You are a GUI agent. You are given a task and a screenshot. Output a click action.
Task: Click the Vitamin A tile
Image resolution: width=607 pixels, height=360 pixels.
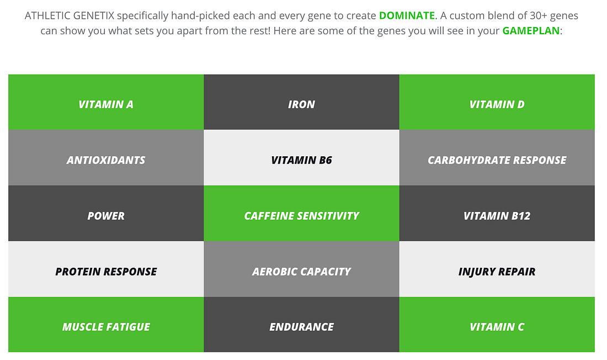tap(106, 102)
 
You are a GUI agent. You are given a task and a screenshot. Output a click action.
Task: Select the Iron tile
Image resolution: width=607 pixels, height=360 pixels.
tap(301, 102)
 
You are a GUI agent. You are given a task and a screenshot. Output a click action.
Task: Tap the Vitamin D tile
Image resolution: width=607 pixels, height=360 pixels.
tap(497, 102)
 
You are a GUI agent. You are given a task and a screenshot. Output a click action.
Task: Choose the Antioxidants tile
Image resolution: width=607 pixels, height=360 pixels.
tap(106, 158)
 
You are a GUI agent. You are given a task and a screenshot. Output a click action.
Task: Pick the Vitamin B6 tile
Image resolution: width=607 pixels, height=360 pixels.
tap(301, 158)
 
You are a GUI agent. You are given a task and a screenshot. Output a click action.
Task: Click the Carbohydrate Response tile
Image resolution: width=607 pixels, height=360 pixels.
tap(497, 158)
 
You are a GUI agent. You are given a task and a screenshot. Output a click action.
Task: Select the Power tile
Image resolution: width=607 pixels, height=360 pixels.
tap(106, 214)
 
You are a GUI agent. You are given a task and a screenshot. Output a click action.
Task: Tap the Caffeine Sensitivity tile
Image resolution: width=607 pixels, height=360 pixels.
tap(301, 214)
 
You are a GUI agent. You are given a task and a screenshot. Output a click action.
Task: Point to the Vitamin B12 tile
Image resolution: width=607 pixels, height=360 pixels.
tap(497, 214)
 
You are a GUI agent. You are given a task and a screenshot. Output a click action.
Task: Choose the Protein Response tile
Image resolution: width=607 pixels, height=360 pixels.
tap(106, 269)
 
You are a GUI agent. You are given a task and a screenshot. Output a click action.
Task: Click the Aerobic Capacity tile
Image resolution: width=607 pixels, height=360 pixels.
tap(301, 269)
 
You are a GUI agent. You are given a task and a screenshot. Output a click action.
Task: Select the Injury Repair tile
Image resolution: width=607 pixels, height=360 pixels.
tap(497, 269)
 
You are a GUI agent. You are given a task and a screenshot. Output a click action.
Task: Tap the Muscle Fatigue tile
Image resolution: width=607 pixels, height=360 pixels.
tap(106, 325)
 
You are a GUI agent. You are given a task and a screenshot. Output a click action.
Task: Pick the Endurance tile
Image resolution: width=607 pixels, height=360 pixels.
tap(301, 325)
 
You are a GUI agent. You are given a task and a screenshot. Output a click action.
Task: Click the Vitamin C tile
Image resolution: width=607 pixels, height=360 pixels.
tap(497, 325)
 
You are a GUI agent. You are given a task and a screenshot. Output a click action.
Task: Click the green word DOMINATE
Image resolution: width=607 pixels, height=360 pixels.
tap(407, 15)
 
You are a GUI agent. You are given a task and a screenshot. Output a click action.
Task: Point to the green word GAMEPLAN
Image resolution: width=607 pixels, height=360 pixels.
tap(531, 30)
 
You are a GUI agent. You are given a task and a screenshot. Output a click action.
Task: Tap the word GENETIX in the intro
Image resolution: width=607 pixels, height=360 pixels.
tap(94, 15)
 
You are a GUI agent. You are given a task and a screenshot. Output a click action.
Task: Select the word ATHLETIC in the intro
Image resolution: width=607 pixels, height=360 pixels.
tap(47, 15)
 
